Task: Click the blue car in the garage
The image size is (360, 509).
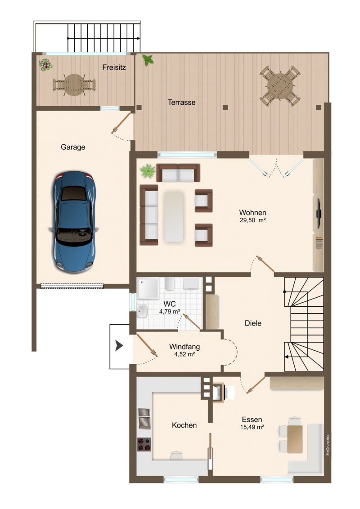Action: [x=74, y=222]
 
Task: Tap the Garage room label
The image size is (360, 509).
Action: [x=73, y=147]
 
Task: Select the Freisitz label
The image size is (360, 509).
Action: [x=114, y=67]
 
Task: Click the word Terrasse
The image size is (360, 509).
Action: [x=182, y=102]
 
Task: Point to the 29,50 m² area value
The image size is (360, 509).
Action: [x=253, y=220]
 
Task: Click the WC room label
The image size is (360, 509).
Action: [x=170, y=304]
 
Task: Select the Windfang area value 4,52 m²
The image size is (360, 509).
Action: [x=184, y=354]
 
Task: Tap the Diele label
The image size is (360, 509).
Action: [x=253, y=323]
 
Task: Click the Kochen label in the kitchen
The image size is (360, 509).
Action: [x=184, y=425]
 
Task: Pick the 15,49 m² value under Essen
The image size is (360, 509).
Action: [x=252, y=427]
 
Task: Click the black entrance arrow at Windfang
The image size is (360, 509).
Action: [x=119, y=346]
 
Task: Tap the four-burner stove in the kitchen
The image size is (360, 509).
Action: [x=144, y=444]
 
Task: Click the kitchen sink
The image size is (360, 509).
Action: [x=144, y=419]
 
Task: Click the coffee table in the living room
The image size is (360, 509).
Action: [x=174, y=217]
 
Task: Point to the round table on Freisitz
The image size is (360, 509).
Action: [x=74, y=85]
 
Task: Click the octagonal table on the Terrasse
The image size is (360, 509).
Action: [x=280, y=86]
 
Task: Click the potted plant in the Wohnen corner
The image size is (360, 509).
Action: [x=148, y=170]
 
